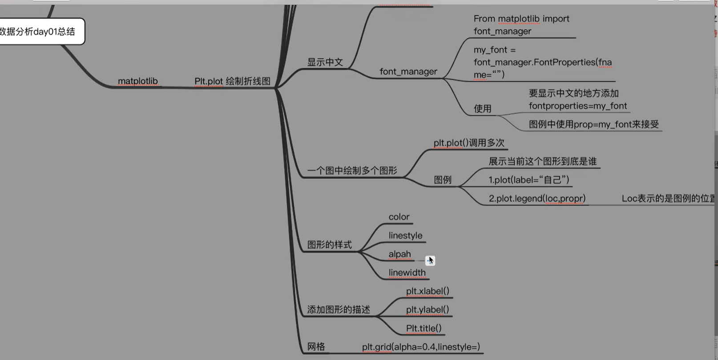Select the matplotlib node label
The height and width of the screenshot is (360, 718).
[x=137, y=81]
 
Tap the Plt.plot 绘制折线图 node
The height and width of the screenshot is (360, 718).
[x=232, y=81]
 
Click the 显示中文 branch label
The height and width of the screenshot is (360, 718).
[x=325, y=62]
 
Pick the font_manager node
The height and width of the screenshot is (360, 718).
[x=408, y=72]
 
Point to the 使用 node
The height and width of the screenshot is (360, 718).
[x=482, y=109]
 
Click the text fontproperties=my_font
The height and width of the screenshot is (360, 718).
[x=577, y=106]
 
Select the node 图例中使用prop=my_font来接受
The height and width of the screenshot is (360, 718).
[x=593, y=125]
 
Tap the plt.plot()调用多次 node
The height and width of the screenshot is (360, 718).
[x=468, y=143]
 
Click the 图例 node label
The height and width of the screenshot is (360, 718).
[x=443, y=180]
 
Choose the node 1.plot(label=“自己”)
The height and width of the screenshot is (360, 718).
[x=528, y=180]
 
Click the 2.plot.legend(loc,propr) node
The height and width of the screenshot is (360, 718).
[x=537, y=198]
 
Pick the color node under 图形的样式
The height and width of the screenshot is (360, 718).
[x=399, y=217]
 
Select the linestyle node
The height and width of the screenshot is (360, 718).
[x=405, y=235]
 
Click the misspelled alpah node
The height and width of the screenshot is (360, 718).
[x=399, y=254]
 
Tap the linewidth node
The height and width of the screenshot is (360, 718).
[x=407, y=273]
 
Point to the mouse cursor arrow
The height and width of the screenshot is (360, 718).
[x=431, y=260]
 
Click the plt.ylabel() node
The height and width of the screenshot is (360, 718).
[x=427, y=310]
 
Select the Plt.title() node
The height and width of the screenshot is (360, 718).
[x=424, y=328]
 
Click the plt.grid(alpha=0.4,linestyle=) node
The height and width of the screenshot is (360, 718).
[x=420, y=347]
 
